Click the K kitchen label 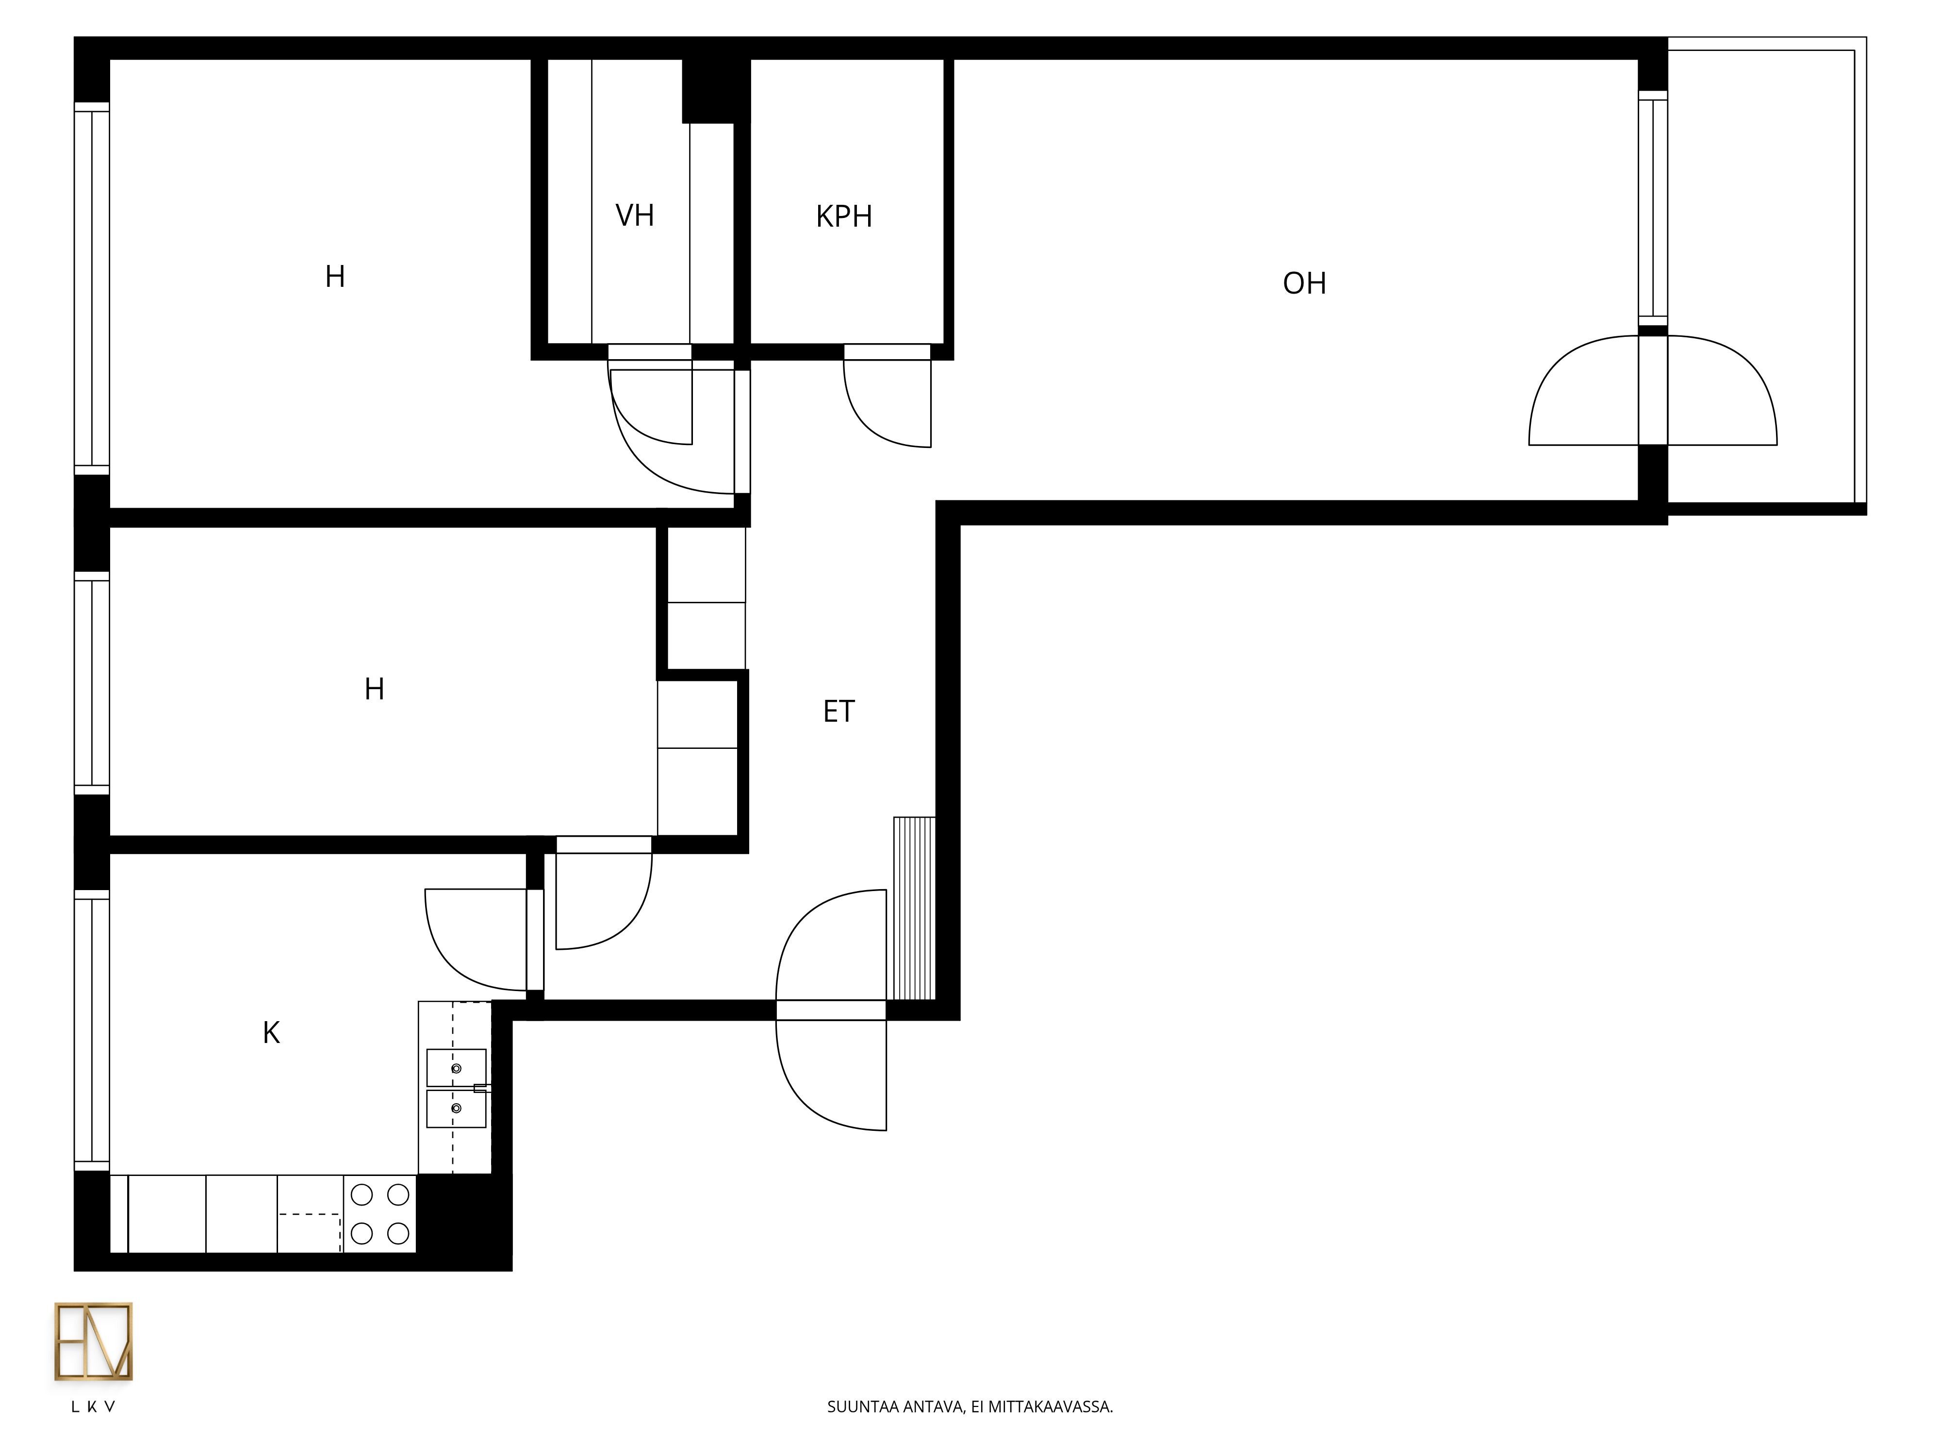(271, 1033)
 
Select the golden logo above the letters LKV (94, 1342)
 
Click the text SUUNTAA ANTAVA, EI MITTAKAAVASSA (970, 1407)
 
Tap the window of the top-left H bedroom (91, 289)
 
